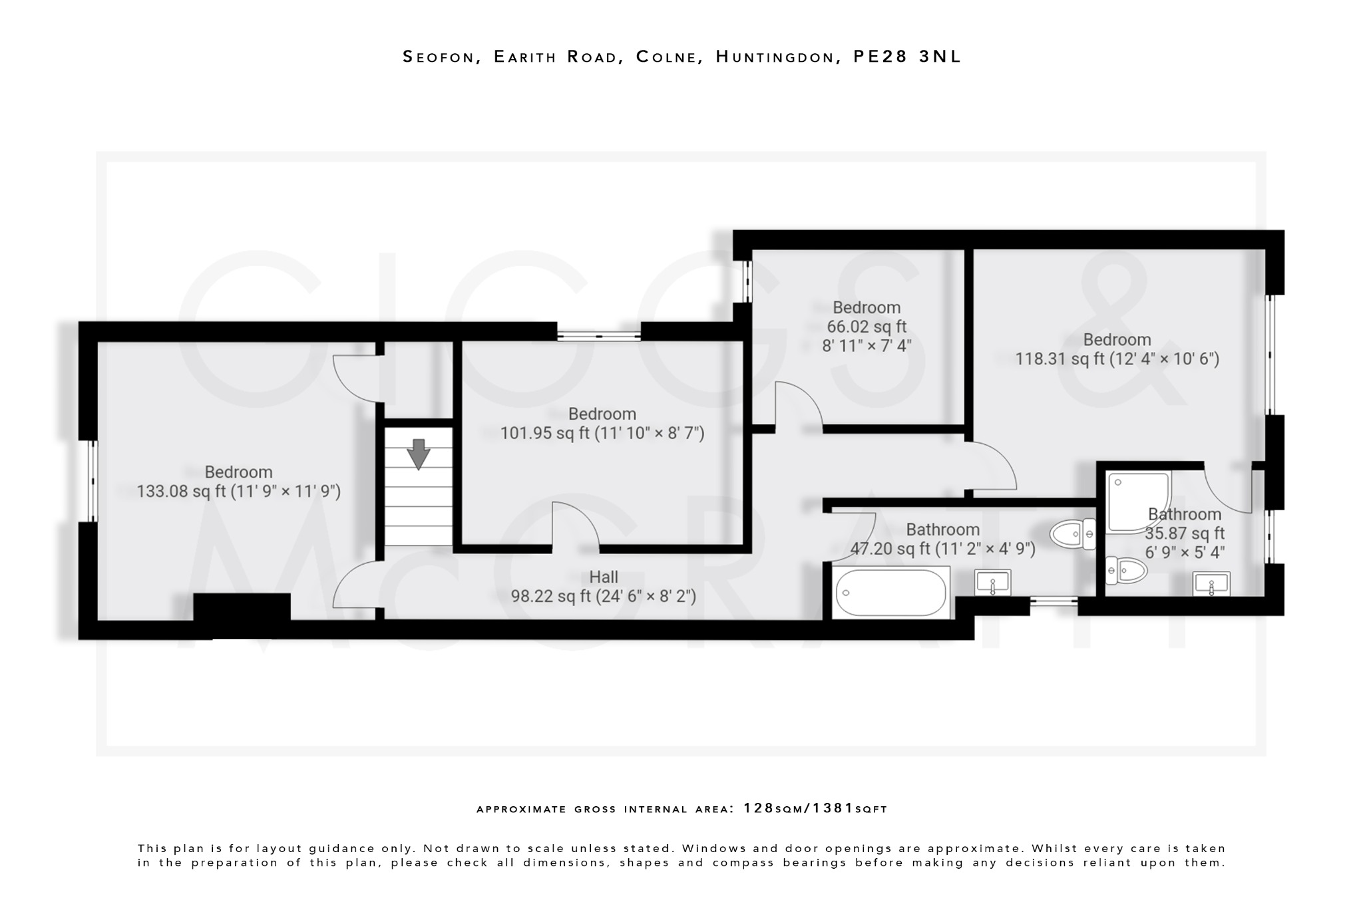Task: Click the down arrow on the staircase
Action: (419, 454)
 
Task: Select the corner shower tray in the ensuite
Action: (1137, 502)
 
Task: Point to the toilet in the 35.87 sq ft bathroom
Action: (1126, 570)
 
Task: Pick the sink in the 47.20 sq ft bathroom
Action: (992, 583)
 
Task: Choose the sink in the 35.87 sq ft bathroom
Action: (1211, 584)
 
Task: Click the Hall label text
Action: (603, 577)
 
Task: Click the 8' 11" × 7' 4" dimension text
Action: (866, 346)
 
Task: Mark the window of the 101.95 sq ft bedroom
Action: (598, 335)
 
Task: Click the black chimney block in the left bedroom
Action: (242, 607)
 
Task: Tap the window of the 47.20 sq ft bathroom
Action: (1054, 602)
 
